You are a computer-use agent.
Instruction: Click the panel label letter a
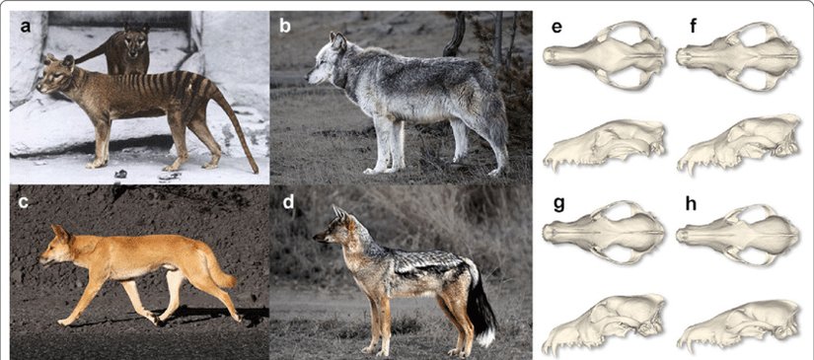point(26,27)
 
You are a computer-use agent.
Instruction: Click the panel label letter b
point(285,27)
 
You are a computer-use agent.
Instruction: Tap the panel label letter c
point(26,204)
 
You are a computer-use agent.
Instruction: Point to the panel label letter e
point(557,27)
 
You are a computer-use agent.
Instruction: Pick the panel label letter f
point(694,27)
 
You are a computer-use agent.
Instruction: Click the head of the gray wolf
point(329,61)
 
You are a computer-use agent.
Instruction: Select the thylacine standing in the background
point(125,52)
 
